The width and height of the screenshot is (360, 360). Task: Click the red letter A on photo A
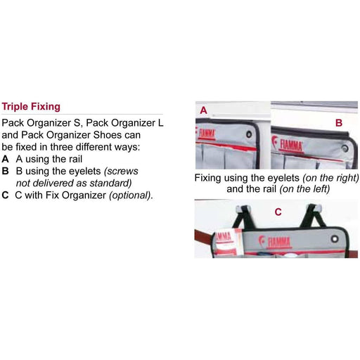coord(204,110)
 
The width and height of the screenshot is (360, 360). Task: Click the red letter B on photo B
coord(338,122)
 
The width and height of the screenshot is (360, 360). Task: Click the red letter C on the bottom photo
coord(277,210)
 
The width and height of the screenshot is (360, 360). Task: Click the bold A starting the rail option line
coord(6,159)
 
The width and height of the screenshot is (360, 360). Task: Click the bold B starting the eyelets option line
coord(6,171)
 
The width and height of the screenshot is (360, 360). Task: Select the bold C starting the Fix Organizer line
coord(6,195)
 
